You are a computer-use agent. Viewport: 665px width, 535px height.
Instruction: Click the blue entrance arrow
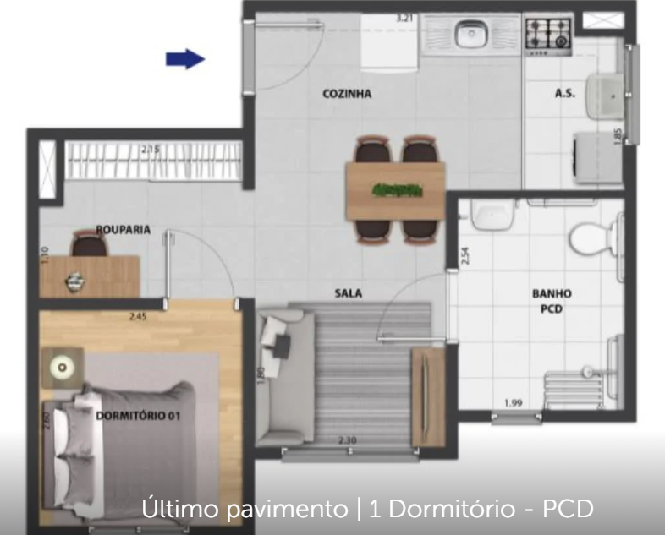185,58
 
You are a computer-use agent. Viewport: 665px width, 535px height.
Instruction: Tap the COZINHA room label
347,94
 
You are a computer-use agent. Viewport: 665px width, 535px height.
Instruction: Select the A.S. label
565,94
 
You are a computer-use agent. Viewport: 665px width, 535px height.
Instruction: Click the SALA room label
348,293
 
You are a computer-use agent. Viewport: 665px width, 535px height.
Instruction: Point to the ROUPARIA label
124,228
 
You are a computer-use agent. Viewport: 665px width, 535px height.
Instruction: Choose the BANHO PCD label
552,301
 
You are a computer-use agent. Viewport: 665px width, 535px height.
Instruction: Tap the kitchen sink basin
468,35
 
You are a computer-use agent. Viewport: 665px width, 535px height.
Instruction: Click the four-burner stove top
547,34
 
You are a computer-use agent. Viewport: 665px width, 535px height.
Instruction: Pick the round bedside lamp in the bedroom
62,366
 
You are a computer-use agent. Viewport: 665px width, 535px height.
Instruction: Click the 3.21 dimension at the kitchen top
409,16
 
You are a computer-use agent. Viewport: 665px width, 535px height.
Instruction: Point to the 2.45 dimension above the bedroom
138,317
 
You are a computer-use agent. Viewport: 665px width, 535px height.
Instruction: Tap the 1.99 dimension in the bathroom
513,402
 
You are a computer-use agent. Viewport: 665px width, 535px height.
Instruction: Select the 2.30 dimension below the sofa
347,439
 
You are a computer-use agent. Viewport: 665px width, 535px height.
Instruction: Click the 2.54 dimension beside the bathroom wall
464,254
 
